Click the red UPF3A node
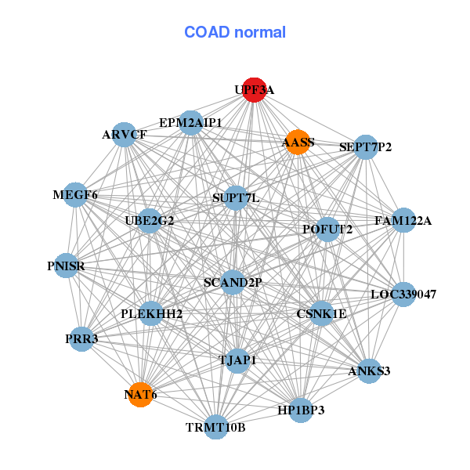pos(254,90)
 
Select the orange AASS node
pos(298,143)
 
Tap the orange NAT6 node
pos(140,395)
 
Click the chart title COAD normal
pos(235,32)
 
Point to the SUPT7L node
pos(236,198)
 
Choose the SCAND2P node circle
pos(233,282)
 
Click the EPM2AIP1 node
pos(190,123)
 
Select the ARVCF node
pos(124,135)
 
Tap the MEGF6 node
pos(75,195)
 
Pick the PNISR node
pos(66,266)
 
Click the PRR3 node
pos(81,339)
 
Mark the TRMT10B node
pos(216,427)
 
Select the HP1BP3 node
pos(301,410)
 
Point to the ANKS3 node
pos(369,371)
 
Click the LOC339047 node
pos(403,295)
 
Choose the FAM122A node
pos(403,220)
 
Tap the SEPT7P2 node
pos(366,147)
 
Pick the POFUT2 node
pos(327,230)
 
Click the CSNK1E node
pos(321,313)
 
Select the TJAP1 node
pos(237,361)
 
